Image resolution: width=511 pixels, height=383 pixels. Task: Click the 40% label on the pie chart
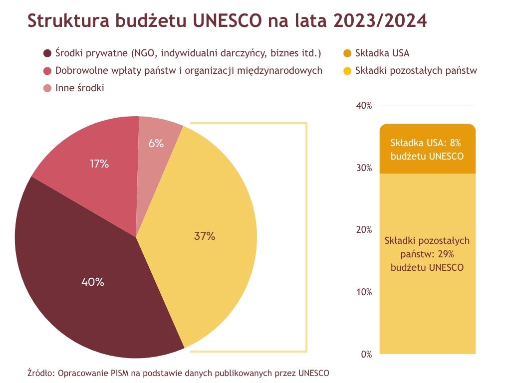coord(93,282)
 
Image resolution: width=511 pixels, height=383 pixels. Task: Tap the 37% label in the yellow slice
coord(205,236)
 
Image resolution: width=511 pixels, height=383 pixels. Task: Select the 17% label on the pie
coord(99,164)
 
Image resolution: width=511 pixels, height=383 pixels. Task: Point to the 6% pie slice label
coord(156,144)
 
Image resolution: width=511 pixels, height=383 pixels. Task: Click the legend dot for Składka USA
coord(347,53)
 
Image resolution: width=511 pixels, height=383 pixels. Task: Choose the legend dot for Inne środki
coord(48,88)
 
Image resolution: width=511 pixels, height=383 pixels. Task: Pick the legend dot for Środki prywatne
coord(48,53)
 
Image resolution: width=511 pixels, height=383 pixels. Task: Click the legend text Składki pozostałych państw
coord(416,71)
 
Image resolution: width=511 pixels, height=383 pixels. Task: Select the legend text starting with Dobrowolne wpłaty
coord(189,71)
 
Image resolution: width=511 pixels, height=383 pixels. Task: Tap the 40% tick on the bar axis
coord(364,106)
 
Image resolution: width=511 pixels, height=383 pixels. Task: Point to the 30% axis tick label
coord(364,168)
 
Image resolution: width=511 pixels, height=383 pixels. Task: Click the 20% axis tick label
coord(364,230)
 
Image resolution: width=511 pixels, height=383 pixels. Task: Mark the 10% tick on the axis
coord(364,292)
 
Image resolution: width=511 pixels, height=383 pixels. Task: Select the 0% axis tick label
coord(366,355)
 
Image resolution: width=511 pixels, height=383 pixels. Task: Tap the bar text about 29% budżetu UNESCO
coord(427,254)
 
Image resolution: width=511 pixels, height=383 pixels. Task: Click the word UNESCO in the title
coord(228,21)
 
